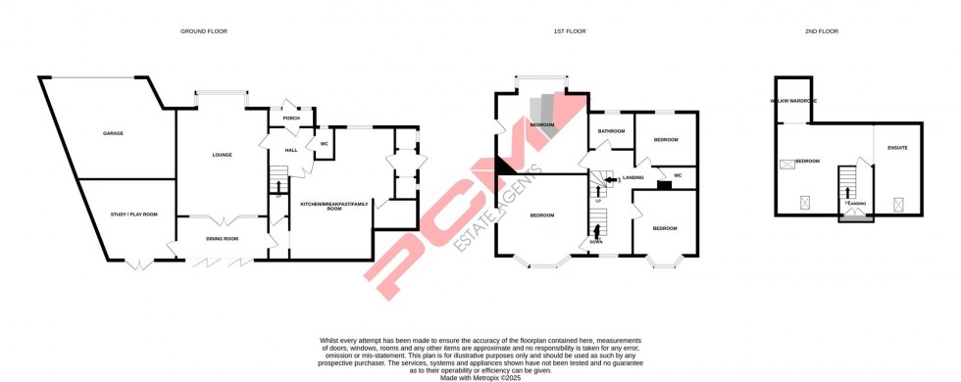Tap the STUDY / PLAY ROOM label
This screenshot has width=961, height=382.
coord(135,214)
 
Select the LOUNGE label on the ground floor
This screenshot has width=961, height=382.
coord(222,155)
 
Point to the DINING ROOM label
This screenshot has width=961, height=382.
coord(222,239)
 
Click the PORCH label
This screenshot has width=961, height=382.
coord(291,119)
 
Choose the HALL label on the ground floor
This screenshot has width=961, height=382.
coord(291,150)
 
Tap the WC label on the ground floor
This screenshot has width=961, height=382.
coord(323,144)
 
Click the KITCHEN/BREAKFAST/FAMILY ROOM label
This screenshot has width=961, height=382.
coord(328,206)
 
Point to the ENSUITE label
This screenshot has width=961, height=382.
coord(897,148)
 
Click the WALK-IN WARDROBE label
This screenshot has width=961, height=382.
coord(794,101)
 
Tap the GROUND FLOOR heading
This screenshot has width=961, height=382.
coord(204,31)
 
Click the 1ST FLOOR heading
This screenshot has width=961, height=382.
coord(570,31)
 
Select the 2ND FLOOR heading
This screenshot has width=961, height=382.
coord(822,31)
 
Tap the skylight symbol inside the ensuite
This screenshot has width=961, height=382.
coord(898,204)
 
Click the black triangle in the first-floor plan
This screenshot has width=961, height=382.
coord(504,166)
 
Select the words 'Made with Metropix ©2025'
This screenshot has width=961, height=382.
coord(480,376)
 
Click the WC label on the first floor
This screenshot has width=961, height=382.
coord(678,175)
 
